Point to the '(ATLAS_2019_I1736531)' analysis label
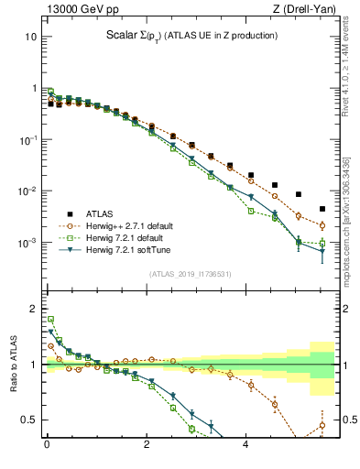(190, 274)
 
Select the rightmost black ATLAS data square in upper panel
(322, 209)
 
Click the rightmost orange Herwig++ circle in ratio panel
(322, 425)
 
